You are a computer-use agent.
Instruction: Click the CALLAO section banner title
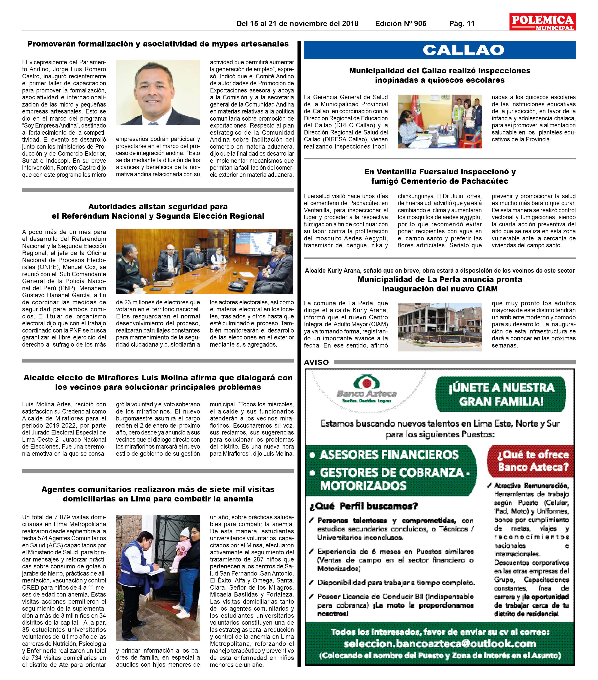pyautogui.click(x=463, y=50)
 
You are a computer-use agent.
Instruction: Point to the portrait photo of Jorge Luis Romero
pyautogui.click(x=158, y=92)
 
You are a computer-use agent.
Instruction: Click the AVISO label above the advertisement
pyautogui.click(x=316, y=362)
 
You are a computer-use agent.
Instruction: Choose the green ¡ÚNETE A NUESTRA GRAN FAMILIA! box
pyautogui.click(x=501, y=394)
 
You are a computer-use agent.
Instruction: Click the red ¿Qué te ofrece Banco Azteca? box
pyautogui.click(x=533, y=461)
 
